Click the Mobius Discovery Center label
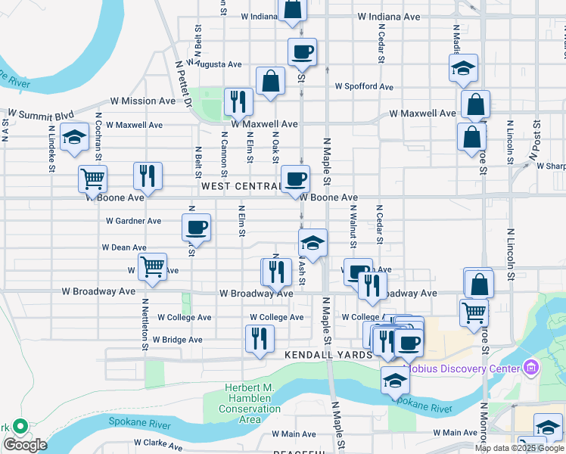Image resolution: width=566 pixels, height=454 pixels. click(x=464, y=368)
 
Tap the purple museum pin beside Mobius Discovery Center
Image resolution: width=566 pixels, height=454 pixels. click(x=530, y=368)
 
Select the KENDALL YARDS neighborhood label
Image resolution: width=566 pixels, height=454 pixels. click(x=329, y=354)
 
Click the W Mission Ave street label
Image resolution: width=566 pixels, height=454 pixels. click(x=143, y=101)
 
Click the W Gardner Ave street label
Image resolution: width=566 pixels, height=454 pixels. click(x=134, y=221)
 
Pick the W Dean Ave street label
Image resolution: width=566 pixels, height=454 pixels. click(x=124, y=247)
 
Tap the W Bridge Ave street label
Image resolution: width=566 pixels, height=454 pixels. click(x=178, y=340)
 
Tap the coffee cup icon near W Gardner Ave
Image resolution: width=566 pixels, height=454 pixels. click(x=197, y=226)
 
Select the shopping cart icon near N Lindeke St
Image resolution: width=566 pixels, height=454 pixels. click(x=92, y=179)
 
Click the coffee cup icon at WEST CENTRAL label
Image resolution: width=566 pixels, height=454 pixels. click(x=296, y=179)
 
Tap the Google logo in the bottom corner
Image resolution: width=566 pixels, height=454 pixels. click(x=26, y=445)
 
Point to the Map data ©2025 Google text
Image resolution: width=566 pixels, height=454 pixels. click(x=519, y=448)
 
